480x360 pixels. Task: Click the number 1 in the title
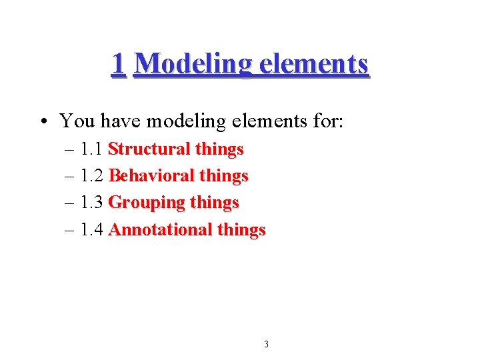click(x=118, y=64)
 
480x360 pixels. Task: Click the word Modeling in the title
click(x=193, y=65)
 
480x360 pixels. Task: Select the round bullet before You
click(x=42, y=121)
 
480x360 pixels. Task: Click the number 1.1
click(x=91, y=149)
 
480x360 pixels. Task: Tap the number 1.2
click(x=91, y=175)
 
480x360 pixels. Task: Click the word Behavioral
click(x=151, y=175)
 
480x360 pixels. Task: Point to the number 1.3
click(x=91, y=202)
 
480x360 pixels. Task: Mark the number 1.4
click(x=91, y=229)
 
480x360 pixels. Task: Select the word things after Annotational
click(x=241, y=229)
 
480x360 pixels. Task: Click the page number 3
click(x=266, y=345)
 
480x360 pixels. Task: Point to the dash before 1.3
click(x=71, y=203)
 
